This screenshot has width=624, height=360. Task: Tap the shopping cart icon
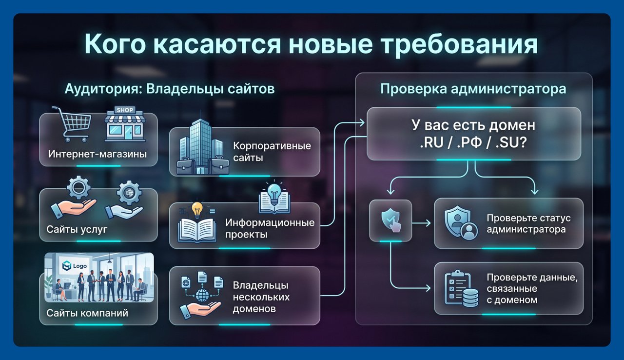73,124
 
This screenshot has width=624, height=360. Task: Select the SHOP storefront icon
125,124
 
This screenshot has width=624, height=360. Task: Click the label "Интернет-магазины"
97,154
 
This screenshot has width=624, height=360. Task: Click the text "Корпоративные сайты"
272,152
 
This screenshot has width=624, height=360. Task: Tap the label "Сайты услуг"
77,229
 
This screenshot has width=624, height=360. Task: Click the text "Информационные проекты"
270,228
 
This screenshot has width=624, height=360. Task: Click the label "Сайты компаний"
87,313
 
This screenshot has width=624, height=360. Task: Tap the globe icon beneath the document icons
202,295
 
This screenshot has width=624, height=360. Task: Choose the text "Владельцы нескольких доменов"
261,297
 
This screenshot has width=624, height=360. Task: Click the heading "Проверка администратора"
473,89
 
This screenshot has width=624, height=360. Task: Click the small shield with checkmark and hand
391,220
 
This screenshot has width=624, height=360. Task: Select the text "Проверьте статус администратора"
528,224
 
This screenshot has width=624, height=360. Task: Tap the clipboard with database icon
461,289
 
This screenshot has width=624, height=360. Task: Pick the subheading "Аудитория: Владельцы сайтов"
170,89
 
